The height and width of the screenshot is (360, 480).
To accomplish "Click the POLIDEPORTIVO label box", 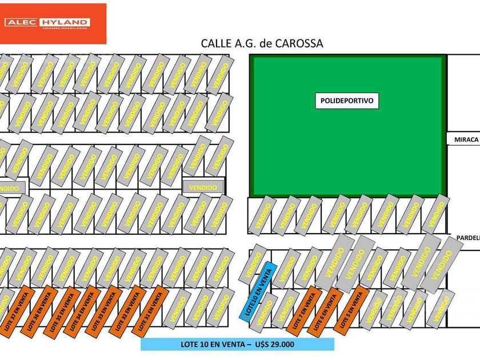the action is (347, 101).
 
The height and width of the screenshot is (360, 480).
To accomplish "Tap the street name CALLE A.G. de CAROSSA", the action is (262, 43).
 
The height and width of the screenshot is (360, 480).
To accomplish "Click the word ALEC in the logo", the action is (21, 22).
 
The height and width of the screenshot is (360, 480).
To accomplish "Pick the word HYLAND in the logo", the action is (64, 22).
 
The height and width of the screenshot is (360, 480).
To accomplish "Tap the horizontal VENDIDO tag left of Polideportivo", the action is (203, 187).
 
